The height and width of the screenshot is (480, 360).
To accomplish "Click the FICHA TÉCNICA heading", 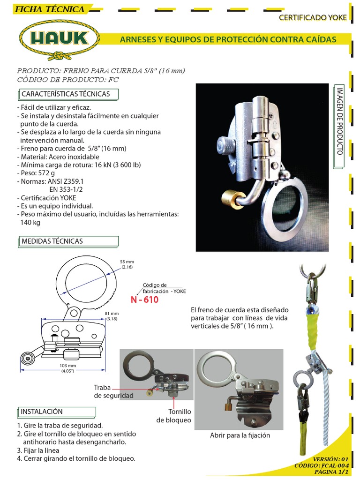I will (x=49, y=9).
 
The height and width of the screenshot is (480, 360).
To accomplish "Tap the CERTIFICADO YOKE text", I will (x=313, y=18).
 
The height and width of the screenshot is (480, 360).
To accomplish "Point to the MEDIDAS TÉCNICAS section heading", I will (x=52, y=241).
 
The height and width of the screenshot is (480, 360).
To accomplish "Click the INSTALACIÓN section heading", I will (x=41, y=411).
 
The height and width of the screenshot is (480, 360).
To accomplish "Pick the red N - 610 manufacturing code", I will (x=145, y=300).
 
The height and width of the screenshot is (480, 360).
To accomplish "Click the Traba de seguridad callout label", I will (x=113, y=392).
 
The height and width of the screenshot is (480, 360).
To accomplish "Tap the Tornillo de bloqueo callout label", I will (x=173, y=415).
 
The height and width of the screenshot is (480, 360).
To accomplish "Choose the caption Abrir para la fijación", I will (x=240, y=435).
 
